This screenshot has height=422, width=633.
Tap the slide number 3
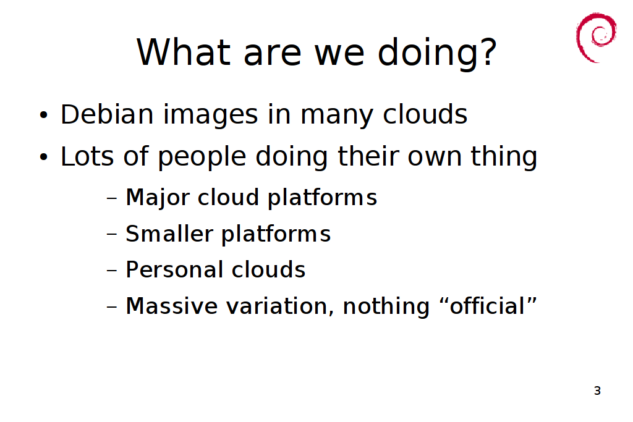[x=598, y=390]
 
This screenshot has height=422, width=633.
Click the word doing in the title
[x=428, y=52]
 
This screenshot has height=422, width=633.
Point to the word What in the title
[x=183, y=52]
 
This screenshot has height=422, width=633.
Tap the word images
[x=210, y=116]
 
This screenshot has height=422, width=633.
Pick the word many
[x=337, y=116]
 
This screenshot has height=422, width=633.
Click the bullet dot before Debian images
[x=44, y=116]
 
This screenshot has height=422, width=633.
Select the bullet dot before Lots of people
[x=44, y=158]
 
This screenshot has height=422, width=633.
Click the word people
[x=202, y=158]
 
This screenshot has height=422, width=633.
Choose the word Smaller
[x=169, y=234]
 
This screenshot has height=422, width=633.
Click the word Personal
[x=174, y=269]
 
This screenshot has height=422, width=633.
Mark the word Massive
[x=172, y=306]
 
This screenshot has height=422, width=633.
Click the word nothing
[x=386, y=306]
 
